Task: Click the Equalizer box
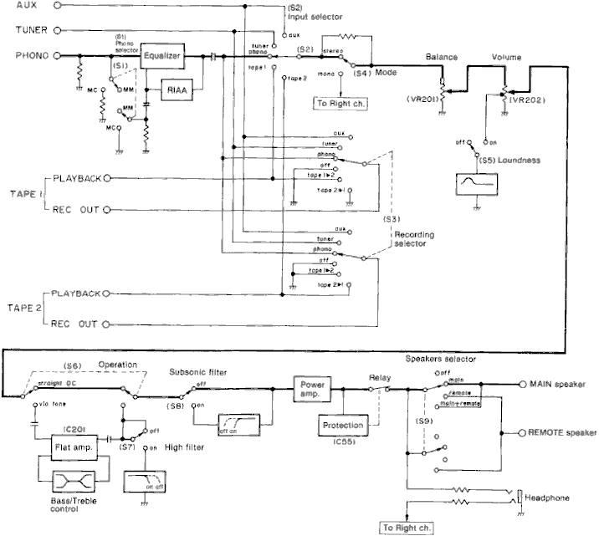(x=161, y=56)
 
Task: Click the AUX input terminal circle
(x=57, y=5)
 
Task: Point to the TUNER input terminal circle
(x=57, y=31)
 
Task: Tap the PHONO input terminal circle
(x=57, y=56)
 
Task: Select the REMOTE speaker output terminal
(x=522, y=433)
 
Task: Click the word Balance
(x=442, y=56)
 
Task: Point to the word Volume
(x=507, y=56)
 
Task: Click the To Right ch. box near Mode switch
(x=337, y=104)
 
